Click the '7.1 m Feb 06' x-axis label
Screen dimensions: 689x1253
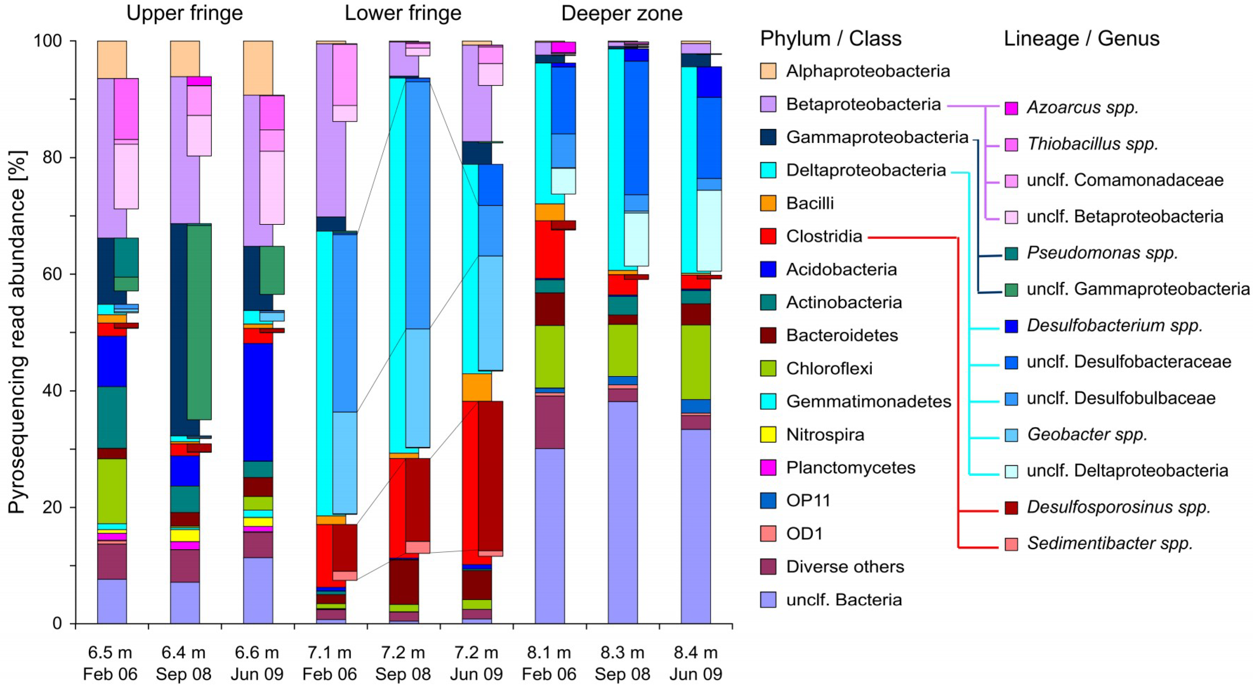coord(329,663)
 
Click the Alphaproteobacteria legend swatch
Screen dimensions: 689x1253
coord(768,71)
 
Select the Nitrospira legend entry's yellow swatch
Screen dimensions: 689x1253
coord(768,434)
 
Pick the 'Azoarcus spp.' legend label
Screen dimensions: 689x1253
coord(1083,107)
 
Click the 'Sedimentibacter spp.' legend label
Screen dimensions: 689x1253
coord(1109,543)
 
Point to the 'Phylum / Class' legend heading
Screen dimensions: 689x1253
coord(830,38)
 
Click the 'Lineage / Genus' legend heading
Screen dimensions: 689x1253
coord(1081,38)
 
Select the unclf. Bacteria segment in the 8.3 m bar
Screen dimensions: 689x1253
coord(623,511)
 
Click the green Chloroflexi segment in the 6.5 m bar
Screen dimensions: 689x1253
coord(112,491)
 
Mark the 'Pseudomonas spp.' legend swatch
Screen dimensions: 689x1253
coord(1011,253)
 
